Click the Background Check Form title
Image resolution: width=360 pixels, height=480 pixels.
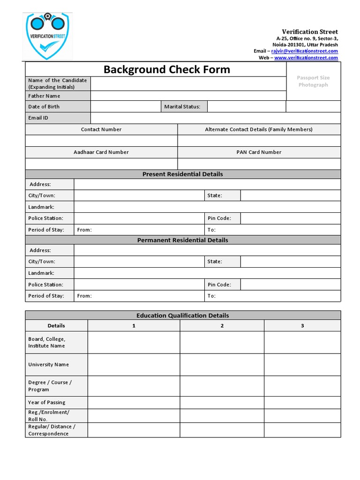coord(166,69)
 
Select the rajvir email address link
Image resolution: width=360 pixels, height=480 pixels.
coord(304,51)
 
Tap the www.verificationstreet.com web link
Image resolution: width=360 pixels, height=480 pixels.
coord(306,58)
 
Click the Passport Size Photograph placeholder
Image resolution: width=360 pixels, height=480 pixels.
coord(313,81)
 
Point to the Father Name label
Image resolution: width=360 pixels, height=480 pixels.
coord(44,96)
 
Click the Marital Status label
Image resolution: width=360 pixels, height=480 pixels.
coord(182,106)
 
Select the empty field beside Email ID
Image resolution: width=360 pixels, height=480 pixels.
coord(216,118)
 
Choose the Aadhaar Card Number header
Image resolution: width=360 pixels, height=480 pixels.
coord(101,152)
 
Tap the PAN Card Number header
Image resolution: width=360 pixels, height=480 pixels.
coord(259,152)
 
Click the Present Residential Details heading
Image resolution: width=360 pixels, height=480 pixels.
coord(182,174)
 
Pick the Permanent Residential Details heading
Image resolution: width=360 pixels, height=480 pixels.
coord(182,240)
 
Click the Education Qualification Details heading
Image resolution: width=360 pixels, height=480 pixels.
coord(182,315)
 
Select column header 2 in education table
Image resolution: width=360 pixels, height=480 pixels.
coord(222,326)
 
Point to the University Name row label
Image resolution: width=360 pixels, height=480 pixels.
coord(48,364)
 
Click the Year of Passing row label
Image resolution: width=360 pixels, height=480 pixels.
coord(46,402)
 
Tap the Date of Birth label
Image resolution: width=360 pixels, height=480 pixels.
coord(44,106)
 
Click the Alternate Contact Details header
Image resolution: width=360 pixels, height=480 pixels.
coord(258,129)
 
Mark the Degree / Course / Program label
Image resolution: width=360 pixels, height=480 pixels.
coord(50,386)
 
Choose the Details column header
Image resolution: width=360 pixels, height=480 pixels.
coord(56,326)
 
